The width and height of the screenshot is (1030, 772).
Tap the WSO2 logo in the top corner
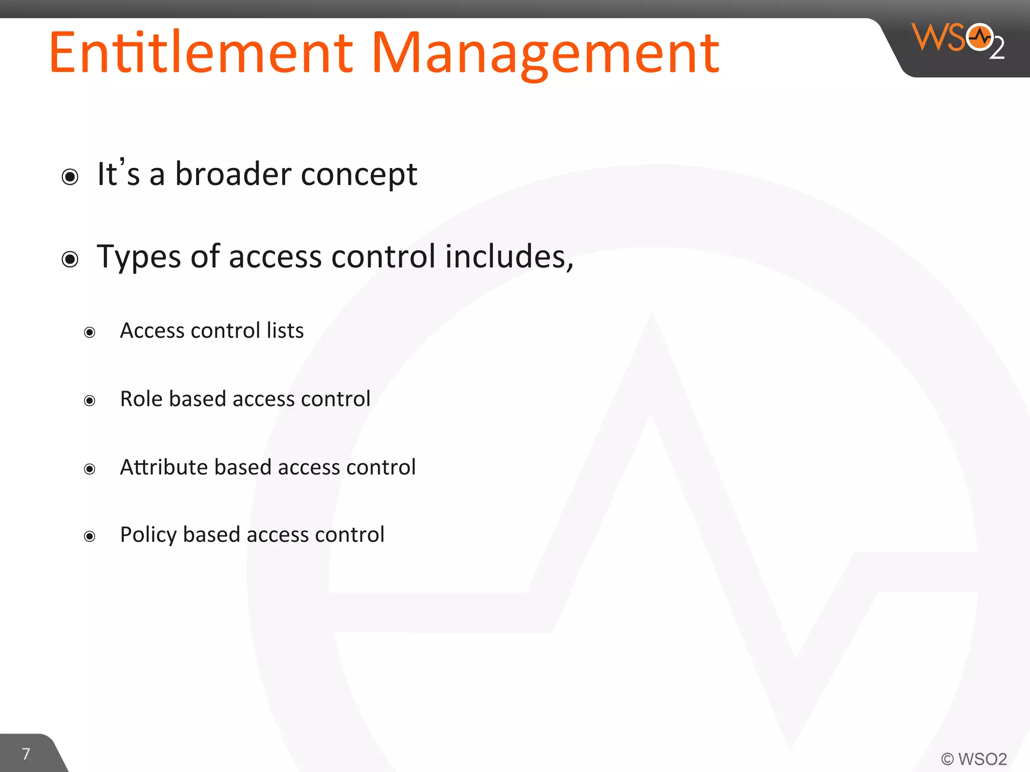(x=958, y=40)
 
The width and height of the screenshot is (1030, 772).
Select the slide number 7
(x=26, y=754)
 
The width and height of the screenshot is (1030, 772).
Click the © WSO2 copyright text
(x=974, y=759)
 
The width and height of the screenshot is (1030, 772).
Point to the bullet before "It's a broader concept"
(x=70, y=177)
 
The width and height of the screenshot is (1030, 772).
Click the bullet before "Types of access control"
(x=70, y=259)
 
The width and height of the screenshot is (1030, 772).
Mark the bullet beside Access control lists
(x=90, y=332)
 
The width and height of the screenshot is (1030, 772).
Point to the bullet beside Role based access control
(x=90, y=401)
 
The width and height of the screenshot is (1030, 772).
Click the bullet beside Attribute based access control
(x=90, y=469)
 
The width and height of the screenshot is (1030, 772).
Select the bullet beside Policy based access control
(x=90, y=536)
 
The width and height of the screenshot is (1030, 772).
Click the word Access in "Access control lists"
(x=152, y=331)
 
